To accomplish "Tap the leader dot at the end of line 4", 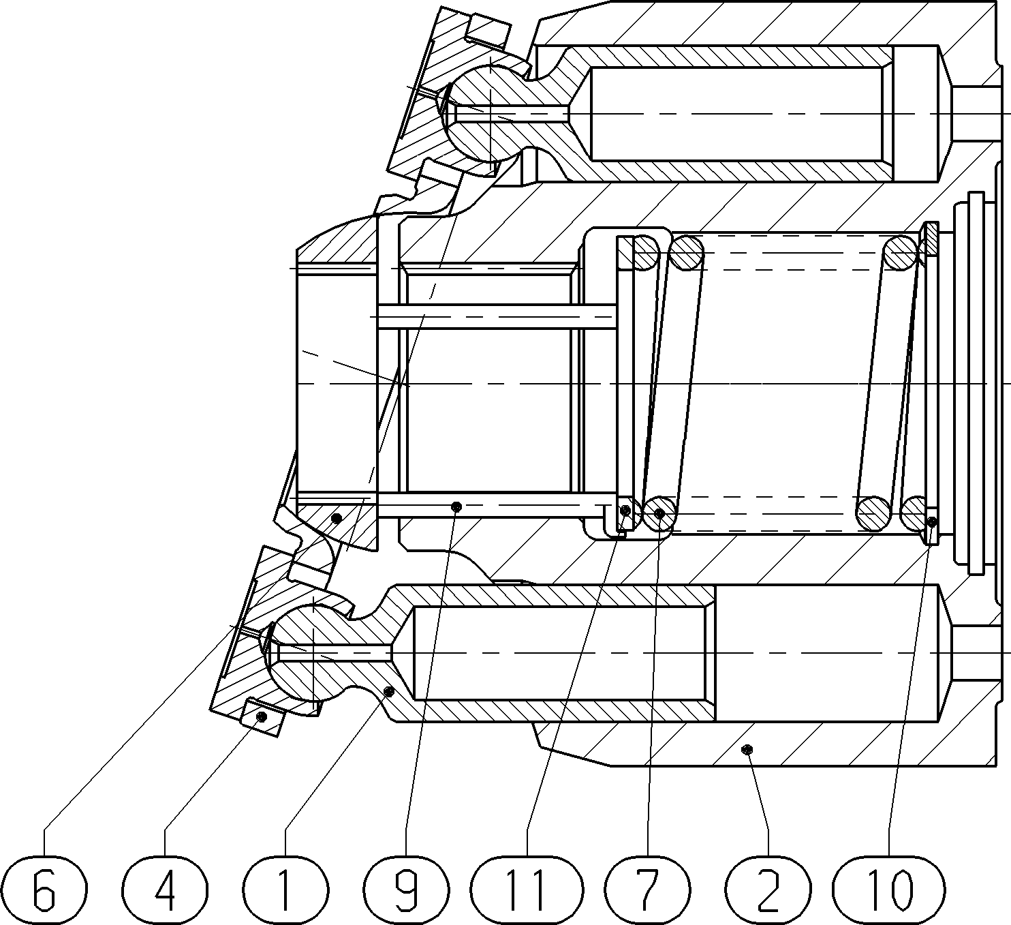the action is tap(261, 716).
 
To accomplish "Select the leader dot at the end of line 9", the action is tap(456, 506).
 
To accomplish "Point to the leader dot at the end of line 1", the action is tap(388, 691).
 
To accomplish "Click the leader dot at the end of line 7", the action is tap(659, 513).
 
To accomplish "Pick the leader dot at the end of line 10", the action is tap(933, 521).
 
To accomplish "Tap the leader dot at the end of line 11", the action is tap(625, 511).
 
